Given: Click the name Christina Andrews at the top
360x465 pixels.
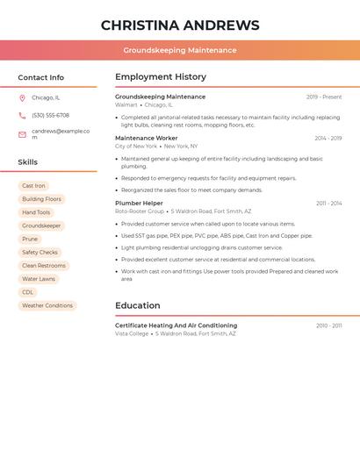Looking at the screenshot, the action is [180, 25].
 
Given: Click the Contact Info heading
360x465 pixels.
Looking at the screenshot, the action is [40, 77].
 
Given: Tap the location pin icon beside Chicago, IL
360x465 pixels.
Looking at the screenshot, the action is [22, 98].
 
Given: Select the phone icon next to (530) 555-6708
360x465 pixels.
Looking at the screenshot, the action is [22, 116].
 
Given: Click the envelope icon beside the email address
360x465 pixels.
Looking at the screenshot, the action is [22, 134].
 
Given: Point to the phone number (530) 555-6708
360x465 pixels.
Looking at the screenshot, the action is [50, 116].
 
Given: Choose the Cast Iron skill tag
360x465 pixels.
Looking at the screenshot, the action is [33, 186].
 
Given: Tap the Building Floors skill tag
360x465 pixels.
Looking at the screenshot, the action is [41, 199].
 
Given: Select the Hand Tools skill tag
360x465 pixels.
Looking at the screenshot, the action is [36, 212].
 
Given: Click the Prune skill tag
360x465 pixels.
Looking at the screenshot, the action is [30, 239].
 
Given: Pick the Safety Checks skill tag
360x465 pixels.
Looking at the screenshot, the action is [40, 253].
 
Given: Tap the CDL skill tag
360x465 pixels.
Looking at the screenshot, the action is [28, 292].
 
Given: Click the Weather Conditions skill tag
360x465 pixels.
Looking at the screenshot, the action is [47, 305].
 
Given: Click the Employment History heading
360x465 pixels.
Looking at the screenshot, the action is [161, 77].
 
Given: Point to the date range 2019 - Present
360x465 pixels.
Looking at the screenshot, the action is [324, 97].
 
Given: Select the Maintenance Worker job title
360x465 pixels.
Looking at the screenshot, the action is [146, 138].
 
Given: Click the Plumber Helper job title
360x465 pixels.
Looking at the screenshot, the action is [139, 203].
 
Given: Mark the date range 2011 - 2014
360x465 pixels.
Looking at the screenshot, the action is [329, 204].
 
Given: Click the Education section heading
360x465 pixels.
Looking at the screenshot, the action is [138, 305].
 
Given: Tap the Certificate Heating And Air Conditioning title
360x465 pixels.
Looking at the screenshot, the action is [176, 325].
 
